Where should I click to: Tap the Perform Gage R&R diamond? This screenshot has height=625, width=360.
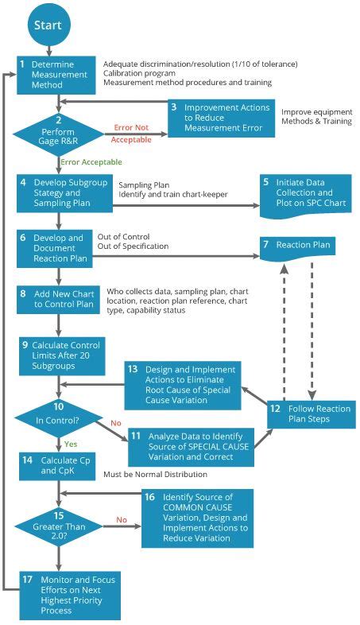point(58,129)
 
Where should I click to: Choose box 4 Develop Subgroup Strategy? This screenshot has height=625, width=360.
point(65,192)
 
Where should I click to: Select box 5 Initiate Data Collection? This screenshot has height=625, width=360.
point(305,192)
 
